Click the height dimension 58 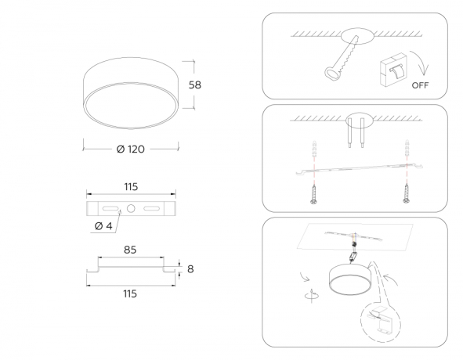[x=195, y=85]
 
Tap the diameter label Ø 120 [x=131, y=149]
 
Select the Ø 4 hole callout [x=103, y=226]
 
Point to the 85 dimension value [x=130, y=250]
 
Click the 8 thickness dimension [x=190, y=269]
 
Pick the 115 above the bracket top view [x=131, y=187]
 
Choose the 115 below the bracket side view [x=130, y=294]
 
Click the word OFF [x=420, y=85]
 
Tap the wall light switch [x=393, y=70]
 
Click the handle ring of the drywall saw [x=332, y=74]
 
